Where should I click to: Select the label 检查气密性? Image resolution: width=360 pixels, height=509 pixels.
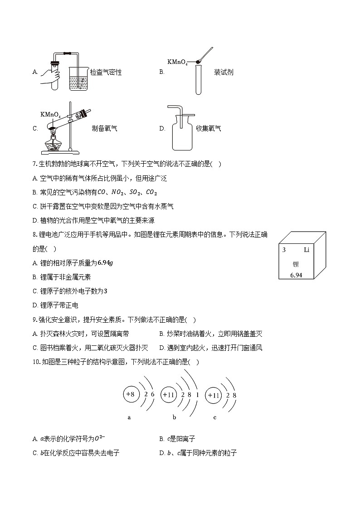[106, 72]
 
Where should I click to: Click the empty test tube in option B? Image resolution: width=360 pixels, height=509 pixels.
[198, 79]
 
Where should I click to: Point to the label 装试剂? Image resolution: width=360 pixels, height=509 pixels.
[224, 72]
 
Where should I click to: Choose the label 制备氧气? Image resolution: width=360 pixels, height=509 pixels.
[104, 128]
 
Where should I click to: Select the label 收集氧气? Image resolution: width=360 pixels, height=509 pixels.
[209, 128]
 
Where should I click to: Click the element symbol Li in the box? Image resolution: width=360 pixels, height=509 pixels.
[306, 250]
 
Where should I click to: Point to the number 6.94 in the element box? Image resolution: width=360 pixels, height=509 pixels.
[296, 275]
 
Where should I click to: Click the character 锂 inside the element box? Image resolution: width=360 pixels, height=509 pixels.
[296, 263]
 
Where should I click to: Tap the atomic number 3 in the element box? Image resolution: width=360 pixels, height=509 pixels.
[284, 250]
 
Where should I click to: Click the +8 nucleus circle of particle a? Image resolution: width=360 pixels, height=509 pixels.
[130, 394]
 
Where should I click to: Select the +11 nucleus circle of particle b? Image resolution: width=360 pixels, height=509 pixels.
[168, 395]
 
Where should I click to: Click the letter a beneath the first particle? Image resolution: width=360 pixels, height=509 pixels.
[129, 417]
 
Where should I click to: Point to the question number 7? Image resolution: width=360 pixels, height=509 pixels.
[34, 164]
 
